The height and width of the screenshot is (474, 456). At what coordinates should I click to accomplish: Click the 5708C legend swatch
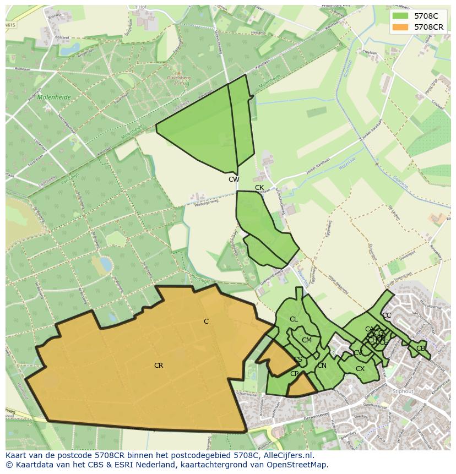click(400, 16)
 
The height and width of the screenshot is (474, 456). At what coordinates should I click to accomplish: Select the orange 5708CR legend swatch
click(400, 27)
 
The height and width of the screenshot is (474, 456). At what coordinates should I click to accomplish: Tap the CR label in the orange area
click(159, 366)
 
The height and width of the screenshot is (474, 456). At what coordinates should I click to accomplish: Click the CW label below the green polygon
click(234, 179)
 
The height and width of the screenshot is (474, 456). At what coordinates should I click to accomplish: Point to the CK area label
click(259, 188)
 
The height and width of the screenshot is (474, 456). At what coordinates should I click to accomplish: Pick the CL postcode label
click(294, 319)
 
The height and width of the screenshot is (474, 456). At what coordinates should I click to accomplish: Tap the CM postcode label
click(307, 340)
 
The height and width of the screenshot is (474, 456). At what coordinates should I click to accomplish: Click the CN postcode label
click(322, 366)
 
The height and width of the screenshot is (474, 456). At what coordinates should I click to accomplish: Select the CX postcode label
click(360, 369)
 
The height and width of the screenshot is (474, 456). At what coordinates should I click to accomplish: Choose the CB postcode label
click(421, 348)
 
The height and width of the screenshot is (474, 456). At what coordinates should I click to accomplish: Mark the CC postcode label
click(387, 315)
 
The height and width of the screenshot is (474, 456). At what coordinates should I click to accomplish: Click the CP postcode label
click(294, 374)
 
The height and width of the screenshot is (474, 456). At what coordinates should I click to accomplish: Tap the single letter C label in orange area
click(206, 322)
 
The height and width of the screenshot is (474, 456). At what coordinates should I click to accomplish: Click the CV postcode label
click(357, 353)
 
